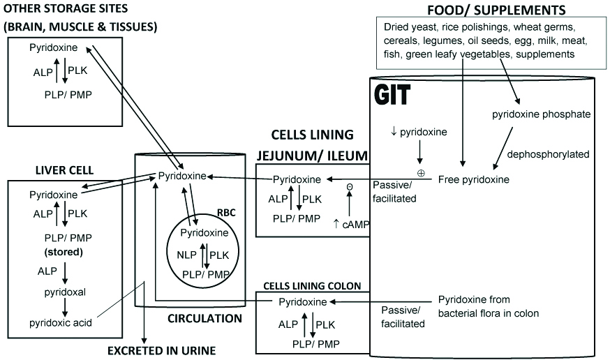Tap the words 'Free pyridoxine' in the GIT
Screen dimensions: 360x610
[x=473, y=179]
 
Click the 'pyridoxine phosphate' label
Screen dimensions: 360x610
[x=541, y=114]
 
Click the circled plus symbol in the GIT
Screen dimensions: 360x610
[x=421, y=172]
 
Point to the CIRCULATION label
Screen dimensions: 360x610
[x=204, y=319]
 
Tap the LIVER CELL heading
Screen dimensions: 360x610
[x=65, y=170]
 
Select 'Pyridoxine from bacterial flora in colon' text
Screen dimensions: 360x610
[x=488, y=307]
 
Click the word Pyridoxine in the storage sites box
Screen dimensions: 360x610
[x=53, y=47]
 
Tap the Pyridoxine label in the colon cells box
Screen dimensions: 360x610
[x=302, y=302]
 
